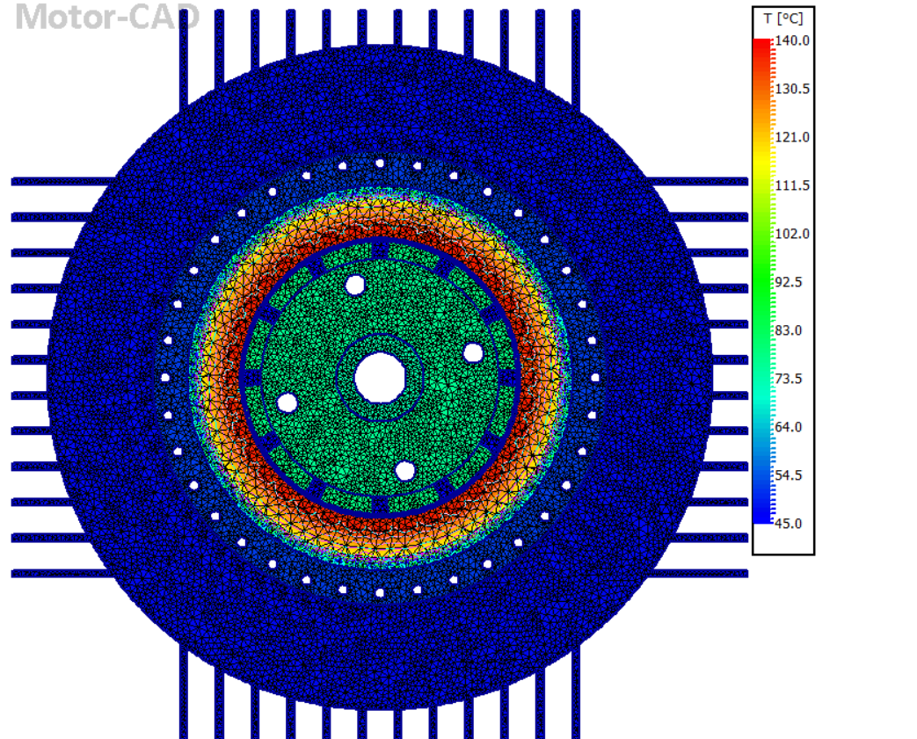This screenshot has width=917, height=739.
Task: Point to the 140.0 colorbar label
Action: pyautogui.click(x=791, y=41)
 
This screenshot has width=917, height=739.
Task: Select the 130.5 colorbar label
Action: pyautogui.click(x=791, y=90)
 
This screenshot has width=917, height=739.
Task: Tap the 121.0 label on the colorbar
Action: pyautogui.click(x=791, y=138)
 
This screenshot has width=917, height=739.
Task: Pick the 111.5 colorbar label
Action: pyautogui.click(x=791, y=186)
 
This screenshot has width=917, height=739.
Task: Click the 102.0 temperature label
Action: pyautogui.click(x=791, y=235)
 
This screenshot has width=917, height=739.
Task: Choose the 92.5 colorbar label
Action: pyautogui.click(x=788, y=283)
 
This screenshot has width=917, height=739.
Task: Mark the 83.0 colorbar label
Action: pyautogui.click(x=788, y=331)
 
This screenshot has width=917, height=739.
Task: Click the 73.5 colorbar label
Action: pyautogui.click(x=788, y=380)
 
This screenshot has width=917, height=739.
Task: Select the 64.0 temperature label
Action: pyautogui.click(x=788, y=428)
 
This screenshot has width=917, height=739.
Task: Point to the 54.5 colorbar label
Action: pyautogui.click(x=788, y=476)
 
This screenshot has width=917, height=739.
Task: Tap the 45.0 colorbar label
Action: pyautogui.click(x=788, y=525)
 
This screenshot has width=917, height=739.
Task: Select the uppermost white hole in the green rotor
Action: pyautogui.click(x=355, y=285)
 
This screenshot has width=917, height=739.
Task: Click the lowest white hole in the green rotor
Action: pyautogui.click(x=404, y=471)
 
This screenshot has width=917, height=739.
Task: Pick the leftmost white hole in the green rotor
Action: pyautogui.click(x=287, y=402)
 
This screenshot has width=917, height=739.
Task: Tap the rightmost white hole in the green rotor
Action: pyautogui.click(x=473, y=353)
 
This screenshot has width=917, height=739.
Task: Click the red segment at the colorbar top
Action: pyautogui.click(x=762, y=43)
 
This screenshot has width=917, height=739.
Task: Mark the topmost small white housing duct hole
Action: pyautogui.click(x=380, y=163)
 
